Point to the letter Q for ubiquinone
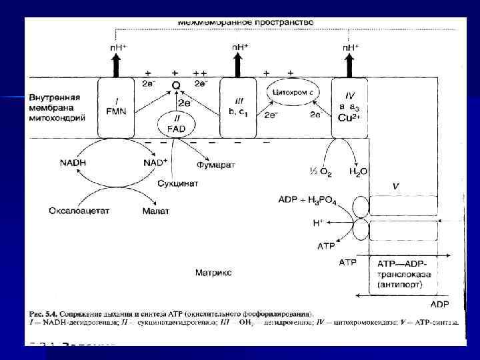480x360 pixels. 176,86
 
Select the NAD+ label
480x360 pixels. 155,163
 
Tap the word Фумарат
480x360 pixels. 215,164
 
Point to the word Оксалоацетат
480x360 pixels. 79,211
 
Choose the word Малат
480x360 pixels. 156,211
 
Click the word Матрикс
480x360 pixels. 214,273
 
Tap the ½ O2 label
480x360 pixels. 321,172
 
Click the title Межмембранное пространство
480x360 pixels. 245,22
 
